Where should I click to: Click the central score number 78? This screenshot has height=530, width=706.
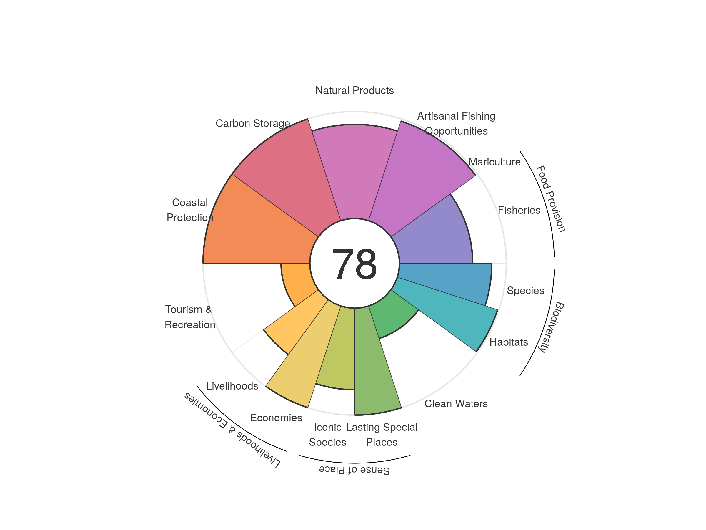(x=354, y=264)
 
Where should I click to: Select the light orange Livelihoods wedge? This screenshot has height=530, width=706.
(x=294, y=323)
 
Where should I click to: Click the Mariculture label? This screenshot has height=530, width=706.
(x=494, y=162)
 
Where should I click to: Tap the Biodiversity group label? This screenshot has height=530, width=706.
(x=551, y=327)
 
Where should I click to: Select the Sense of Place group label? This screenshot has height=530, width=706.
(x=354, y=470)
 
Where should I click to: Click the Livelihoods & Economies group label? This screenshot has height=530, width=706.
(x=232, y=430)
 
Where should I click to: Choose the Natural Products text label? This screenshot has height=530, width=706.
(x=354, y=90)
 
